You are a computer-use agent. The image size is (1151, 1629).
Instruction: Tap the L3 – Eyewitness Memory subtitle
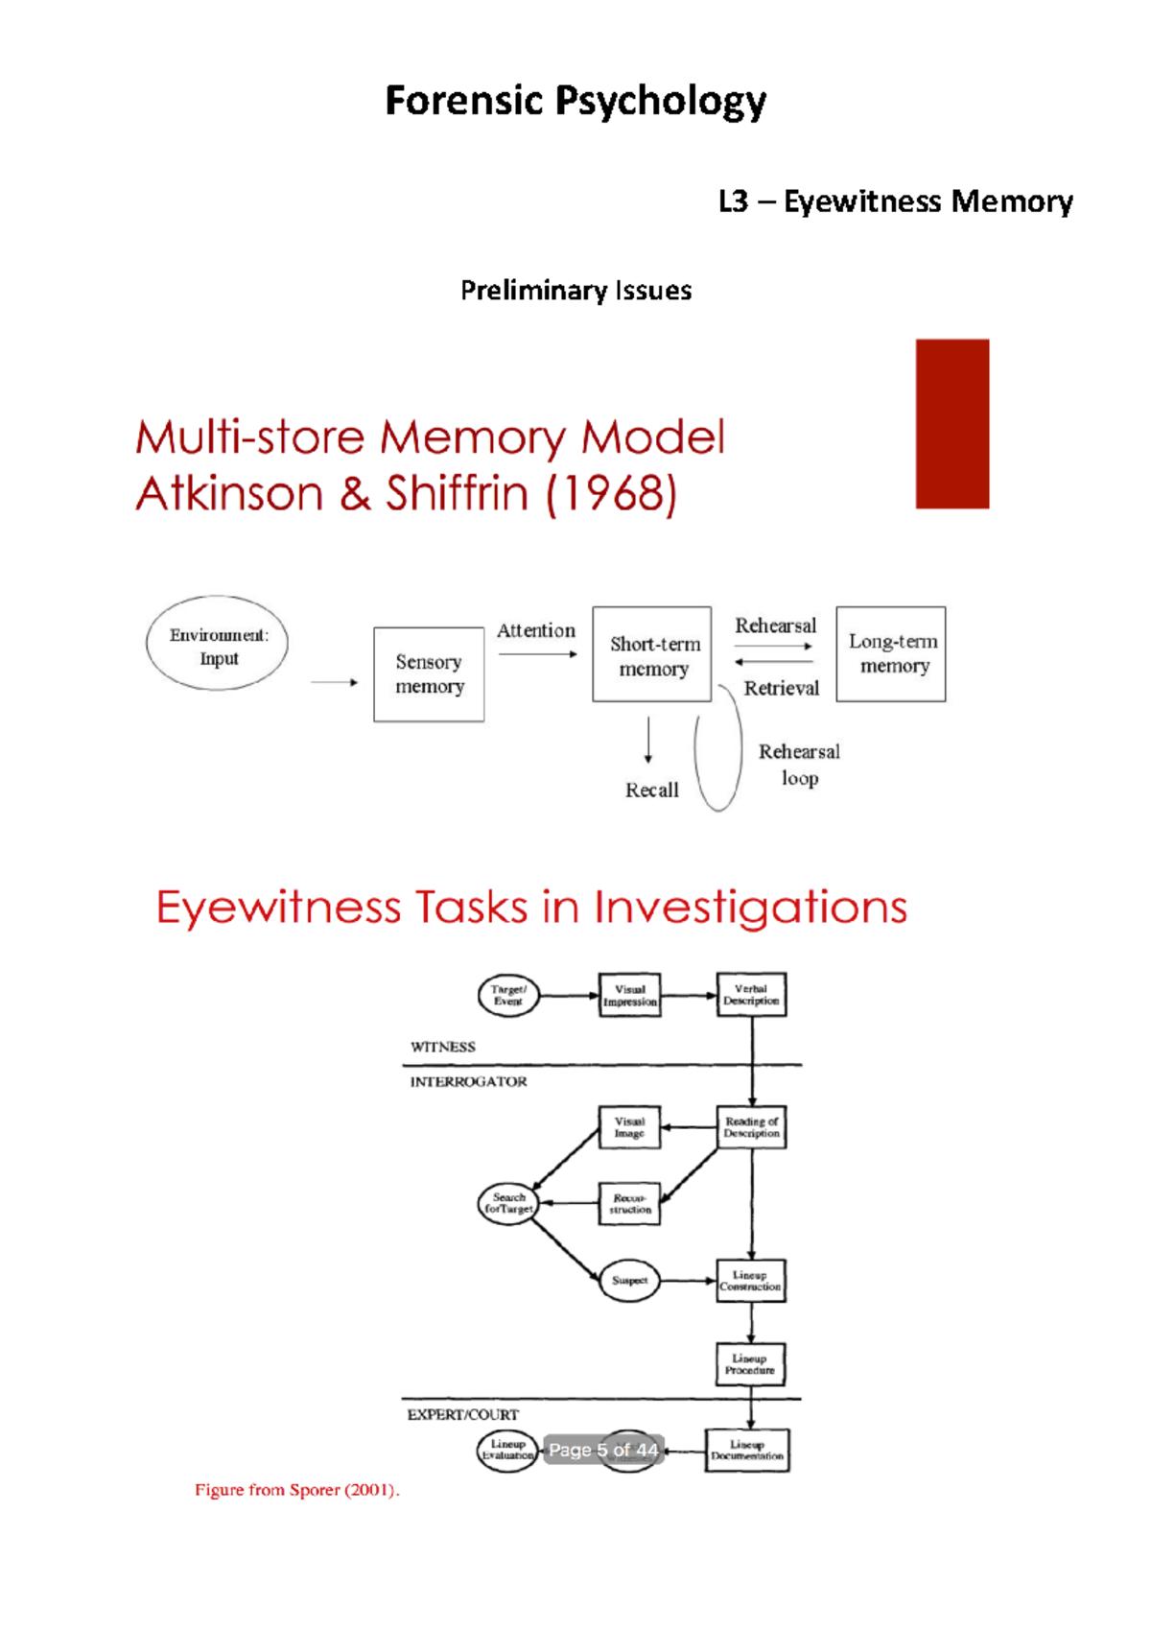pyautogui.click(x=895, y=201)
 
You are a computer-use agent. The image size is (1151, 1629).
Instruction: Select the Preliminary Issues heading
pyautogui.click(x=575, y=290)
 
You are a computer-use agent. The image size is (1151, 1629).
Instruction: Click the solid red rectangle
pyautogui.click(x=951, y=423)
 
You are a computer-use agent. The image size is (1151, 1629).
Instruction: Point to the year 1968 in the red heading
pyautogui.click(x=612, y=494)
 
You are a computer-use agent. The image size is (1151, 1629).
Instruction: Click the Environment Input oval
pyautogui.click(x=218, y=644)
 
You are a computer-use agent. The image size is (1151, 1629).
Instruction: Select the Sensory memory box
pyautogui.click(x=429, y=674)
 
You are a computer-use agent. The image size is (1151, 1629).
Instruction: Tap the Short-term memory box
pyautogui.click(x=652, y=655)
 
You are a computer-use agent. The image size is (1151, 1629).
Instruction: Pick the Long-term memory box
pyautogui.click(x=891, y=654)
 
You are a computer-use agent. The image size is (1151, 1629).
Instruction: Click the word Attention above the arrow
pyautogui.click(x=536, y=630)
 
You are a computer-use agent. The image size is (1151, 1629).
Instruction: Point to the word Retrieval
pyautogui.click(x=781, y=688)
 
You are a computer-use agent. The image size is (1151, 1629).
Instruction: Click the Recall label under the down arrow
pyautogui.click(x=651, y=791)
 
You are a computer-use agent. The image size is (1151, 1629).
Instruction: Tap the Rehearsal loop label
pyautogui.click(x=799, y=765)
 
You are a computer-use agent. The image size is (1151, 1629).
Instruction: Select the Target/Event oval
pyautogui.click(x=508, y=995)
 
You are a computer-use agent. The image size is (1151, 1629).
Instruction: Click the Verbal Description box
pyautogui.click(x=751, y=995)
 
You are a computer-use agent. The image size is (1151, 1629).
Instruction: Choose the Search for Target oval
pyautogui.click(x=508, y=1203)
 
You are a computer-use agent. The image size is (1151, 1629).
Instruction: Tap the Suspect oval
pyautogui.click(x=629, y=1281)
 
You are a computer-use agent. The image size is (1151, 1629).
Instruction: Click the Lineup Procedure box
pyautogui.click(x=750, y=1364)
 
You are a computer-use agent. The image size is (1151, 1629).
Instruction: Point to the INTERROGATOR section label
pyautogui.click(x=468, y=1082)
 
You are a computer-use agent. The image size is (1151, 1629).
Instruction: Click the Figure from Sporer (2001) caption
pyautogui.click(x=296, y=1490)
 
